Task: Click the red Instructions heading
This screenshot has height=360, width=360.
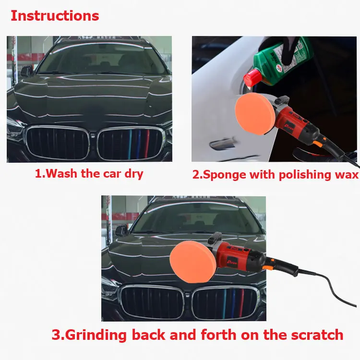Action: coord(55,16)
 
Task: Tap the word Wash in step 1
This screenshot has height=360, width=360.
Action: coord(61,173)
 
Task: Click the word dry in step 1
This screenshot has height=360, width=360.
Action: coord(134,174)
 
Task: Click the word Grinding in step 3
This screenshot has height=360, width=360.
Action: coord(96,335)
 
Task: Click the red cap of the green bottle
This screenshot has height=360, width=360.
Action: coord(252,78)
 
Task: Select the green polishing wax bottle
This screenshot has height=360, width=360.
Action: coord(278,61)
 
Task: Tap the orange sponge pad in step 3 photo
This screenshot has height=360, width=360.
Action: coord(192,262)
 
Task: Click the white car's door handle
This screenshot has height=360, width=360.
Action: coord(222,144)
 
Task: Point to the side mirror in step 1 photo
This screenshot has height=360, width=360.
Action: coord(26,71)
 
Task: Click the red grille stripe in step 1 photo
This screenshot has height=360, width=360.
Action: coord(146,144)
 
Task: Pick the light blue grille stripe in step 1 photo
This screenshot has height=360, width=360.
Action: coord(130,144)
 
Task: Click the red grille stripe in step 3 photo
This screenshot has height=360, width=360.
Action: coord(242,303)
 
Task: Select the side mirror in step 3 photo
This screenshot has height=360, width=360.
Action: coord(121,231)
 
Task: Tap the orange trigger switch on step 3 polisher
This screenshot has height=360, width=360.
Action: coord(267,267)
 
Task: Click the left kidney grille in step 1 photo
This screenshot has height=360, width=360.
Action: coord(58,143)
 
